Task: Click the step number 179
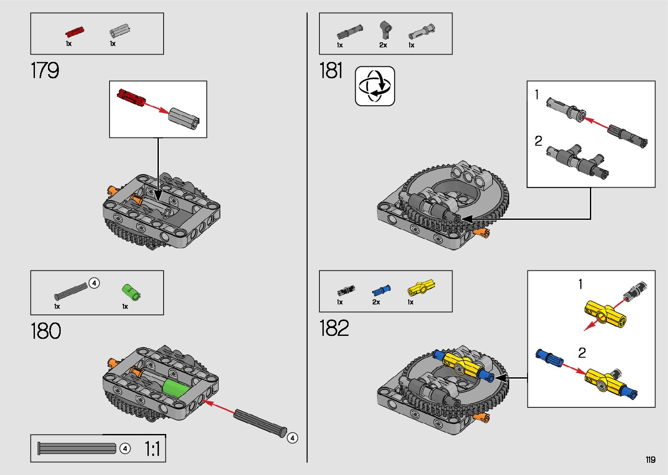[45, 70]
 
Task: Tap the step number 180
[46, 331]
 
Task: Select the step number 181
[331, 71]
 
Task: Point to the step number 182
[334, 328]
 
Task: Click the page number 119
[650, 460]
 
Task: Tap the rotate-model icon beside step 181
[375, 86]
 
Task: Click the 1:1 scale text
[152, 449]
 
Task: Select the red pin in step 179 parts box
[75, 32]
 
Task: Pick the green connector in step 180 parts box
[130, 291]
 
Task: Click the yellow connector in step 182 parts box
[421, 288]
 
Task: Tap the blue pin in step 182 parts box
[381, 290]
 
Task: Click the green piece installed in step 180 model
[176, 388]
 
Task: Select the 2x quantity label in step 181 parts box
[383, 45]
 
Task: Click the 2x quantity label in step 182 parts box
[376, 302]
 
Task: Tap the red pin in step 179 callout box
[131, 97]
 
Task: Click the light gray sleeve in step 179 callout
[184, 118]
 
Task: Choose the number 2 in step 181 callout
[538, 141]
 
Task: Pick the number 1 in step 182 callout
[580, 284]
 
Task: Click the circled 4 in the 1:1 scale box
[125, 448]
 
